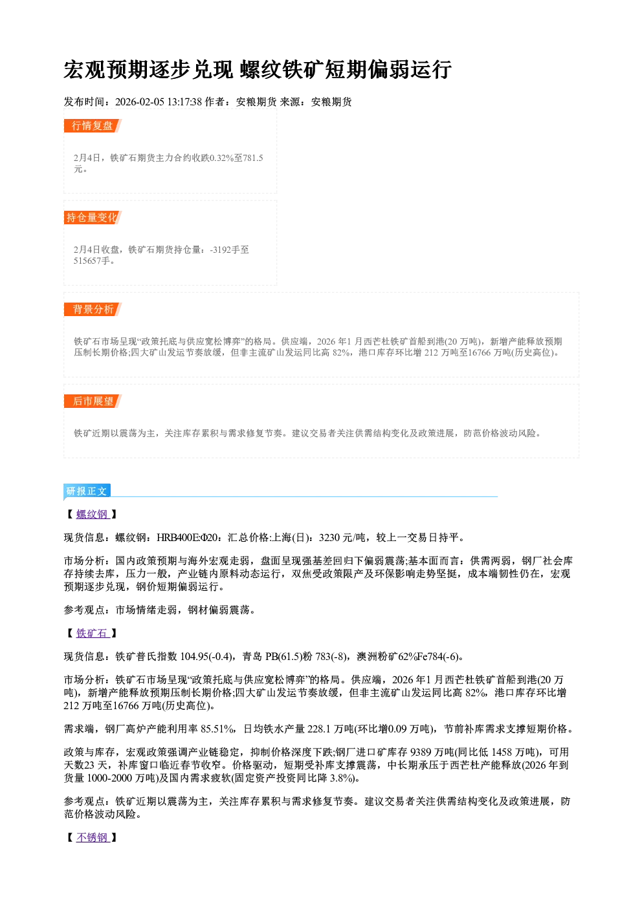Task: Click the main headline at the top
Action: tap(258, 70)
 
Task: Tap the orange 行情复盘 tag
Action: tap(93, 125)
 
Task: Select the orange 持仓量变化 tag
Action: tap(93, 217)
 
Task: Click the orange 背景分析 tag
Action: tap(93, 310)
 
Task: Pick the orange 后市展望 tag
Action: tap(93, 401)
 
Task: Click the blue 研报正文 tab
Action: tap(87, 491)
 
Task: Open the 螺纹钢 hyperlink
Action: tap(93, 514)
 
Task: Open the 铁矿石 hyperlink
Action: tap(93, 634)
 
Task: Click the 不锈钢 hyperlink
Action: tap(93, 837)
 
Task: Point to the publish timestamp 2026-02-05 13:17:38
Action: tap(159, 102)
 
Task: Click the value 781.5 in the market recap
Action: tap(253, 158)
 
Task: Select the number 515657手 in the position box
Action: tap(92, 261)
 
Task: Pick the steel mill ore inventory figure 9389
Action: tap(421, 752)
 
